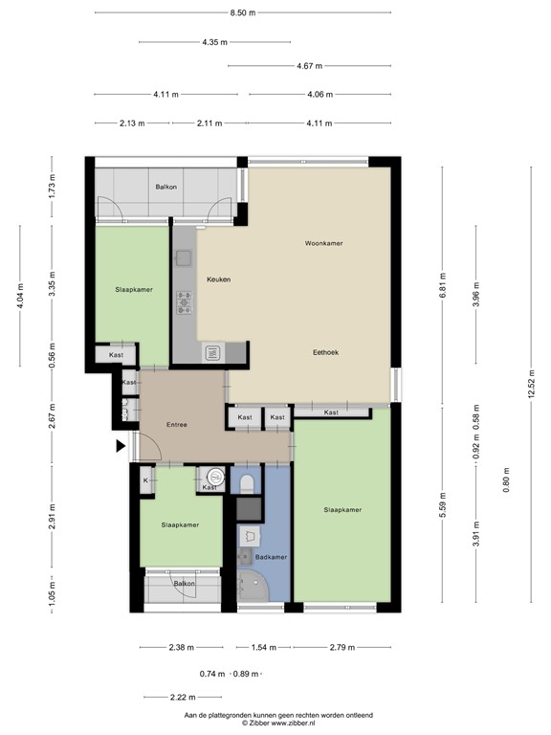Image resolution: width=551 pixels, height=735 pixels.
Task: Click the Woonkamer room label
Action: pyautogui.click(x=323, y=243)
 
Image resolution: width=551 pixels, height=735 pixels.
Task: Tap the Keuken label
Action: pyautogui.click(x=219, y=279)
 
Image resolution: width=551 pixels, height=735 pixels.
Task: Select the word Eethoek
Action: pyautogui.click(x=326, y=352)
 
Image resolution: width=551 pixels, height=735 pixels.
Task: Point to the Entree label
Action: pyautogui.click(x=177, y=425)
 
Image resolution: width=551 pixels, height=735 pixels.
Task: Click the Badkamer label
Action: pyautogui.click(x=271, y=556)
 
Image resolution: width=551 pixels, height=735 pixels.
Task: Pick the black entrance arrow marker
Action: pyautogui.click(x=120, y=445)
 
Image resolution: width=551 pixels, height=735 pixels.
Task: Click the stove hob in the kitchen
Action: pyautogui.click(x=184, y=303)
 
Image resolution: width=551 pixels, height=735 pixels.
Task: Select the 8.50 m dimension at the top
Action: pyautogui.click(x=243, y=12)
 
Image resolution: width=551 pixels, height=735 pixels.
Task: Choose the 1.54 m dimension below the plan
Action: pyautogui.click(x=263, y=648)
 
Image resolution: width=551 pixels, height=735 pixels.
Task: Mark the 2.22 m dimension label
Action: pyautogui.click(x=157, y=698)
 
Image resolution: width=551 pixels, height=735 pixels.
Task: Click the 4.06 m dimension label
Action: pyautogui.click(x=320, y=94)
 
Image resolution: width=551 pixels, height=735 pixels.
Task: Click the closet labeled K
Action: pyautogui.click(x=145, y=479)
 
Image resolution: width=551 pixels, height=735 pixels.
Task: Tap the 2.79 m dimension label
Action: pyautogui.click(x=341, y=648)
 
